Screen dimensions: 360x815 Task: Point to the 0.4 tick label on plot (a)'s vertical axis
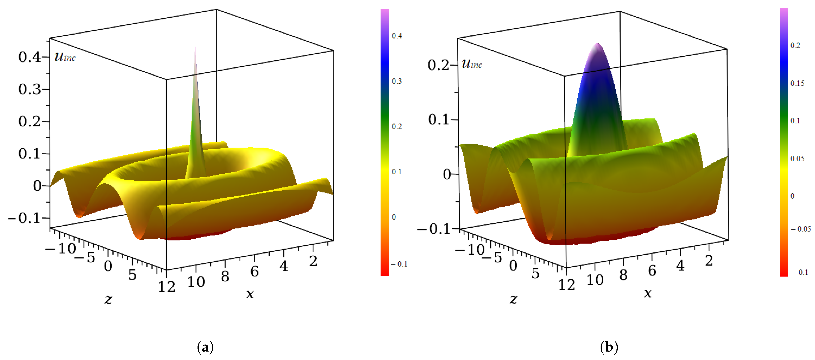click(29, 57)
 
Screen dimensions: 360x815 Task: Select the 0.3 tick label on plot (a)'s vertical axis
click(29, 89)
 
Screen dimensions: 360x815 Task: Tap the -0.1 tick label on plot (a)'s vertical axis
click(25, 218)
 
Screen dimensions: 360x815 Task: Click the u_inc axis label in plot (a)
click(65, 57)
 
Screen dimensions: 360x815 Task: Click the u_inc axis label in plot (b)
click(472, 64)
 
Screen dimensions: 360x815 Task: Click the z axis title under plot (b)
click(513, 299)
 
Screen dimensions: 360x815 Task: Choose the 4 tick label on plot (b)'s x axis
click(680, 266)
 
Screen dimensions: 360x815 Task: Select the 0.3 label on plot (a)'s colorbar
click(397, 81)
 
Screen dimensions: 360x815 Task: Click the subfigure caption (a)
click(205, 347)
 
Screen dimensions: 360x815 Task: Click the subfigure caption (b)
click(609, 347)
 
